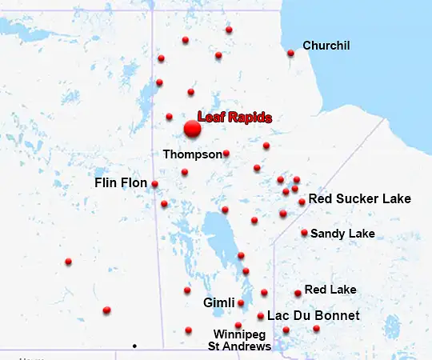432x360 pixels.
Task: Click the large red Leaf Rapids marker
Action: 192,129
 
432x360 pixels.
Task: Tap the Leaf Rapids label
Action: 234,118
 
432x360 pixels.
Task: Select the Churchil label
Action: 326,46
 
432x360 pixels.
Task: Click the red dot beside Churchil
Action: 290,54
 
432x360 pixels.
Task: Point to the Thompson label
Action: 192,154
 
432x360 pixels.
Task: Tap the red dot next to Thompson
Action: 226,154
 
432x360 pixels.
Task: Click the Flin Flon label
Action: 121,183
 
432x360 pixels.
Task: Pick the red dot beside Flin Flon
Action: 154,184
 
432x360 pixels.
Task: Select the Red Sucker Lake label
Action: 359,198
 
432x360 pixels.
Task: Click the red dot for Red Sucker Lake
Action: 302,202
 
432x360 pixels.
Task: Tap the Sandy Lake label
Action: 342,234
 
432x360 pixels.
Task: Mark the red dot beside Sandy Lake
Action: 304,233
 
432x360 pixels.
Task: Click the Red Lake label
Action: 330,290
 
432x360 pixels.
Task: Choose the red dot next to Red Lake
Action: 298,294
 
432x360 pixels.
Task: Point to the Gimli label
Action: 218,303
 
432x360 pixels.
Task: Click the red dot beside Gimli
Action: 241,303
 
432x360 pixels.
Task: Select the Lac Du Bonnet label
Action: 313,316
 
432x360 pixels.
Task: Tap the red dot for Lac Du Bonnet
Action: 261,316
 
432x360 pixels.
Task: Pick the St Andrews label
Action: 239,346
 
